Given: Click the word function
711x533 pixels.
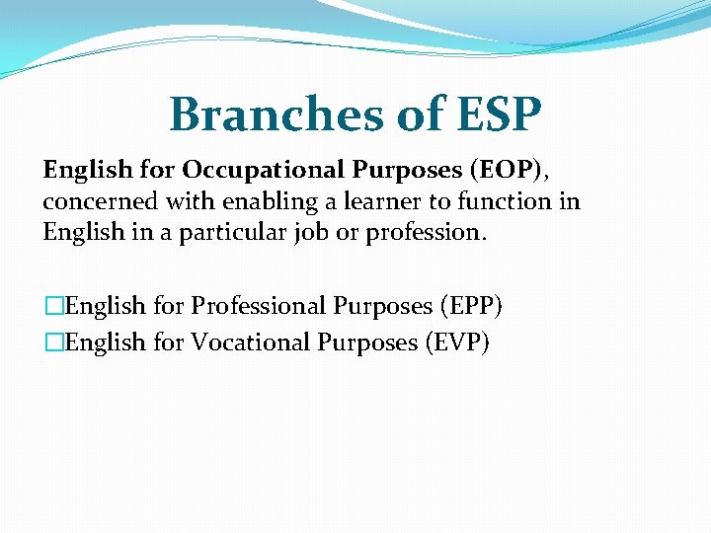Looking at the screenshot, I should (x=490, y=202).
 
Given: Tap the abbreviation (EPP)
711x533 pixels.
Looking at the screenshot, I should (x=467, y=306).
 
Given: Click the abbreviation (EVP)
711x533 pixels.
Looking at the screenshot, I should (x=453, y=342).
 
